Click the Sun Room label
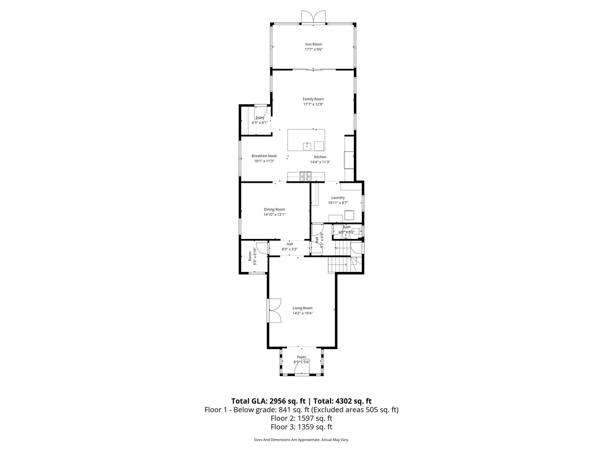313,44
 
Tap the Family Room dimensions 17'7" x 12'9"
313,105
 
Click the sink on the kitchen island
307,146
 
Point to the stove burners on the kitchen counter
305,176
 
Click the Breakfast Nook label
264,156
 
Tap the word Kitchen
320,157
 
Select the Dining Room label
274,210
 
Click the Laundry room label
338,198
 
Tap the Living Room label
302,308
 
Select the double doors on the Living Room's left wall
274,311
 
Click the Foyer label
301,357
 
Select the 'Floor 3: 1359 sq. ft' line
301,427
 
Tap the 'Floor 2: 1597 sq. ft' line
301,418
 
